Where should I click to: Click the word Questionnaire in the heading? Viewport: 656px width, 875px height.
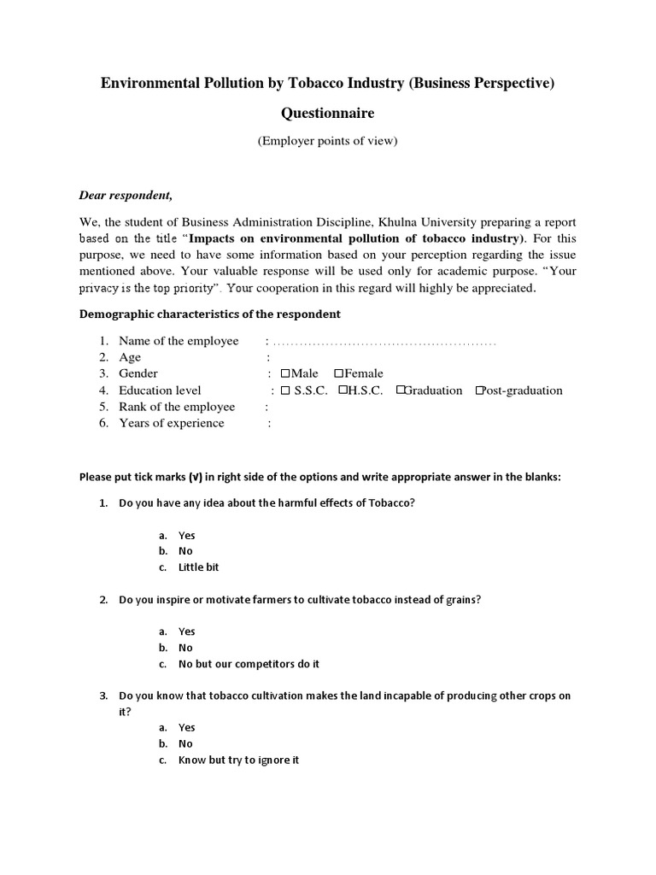[328, 113]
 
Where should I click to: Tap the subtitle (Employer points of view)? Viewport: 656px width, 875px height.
[328, 141]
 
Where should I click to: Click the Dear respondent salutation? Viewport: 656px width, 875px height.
[126, 195]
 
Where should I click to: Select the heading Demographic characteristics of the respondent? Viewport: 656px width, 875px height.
[209, 314]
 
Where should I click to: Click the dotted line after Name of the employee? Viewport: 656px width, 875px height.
[384, 342]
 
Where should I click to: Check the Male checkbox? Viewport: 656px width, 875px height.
[285, 373]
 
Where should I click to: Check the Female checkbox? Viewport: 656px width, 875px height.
[339, 373]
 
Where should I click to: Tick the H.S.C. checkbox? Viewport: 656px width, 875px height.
[343, 391]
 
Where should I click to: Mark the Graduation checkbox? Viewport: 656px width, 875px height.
[400, 391]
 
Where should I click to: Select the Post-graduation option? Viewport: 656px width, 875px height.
[479, 391]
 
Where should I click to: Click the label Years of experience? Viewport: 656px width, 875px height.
[171, 423]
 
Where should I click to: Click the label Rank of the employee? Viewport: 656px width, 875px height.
[176, 407]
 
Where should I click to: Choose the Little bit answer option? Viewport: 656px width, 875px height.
[198, 567]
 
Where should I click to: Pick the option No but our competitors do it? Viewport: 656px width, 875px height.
[249, 664]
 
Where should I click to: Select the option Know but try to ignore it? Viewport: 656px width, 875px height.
[238, 760]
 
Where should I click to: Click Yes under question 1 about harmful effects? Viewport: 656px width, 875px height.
[186, 536]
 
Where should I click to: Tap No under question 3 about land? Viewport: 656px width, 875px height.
[185, 743]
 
